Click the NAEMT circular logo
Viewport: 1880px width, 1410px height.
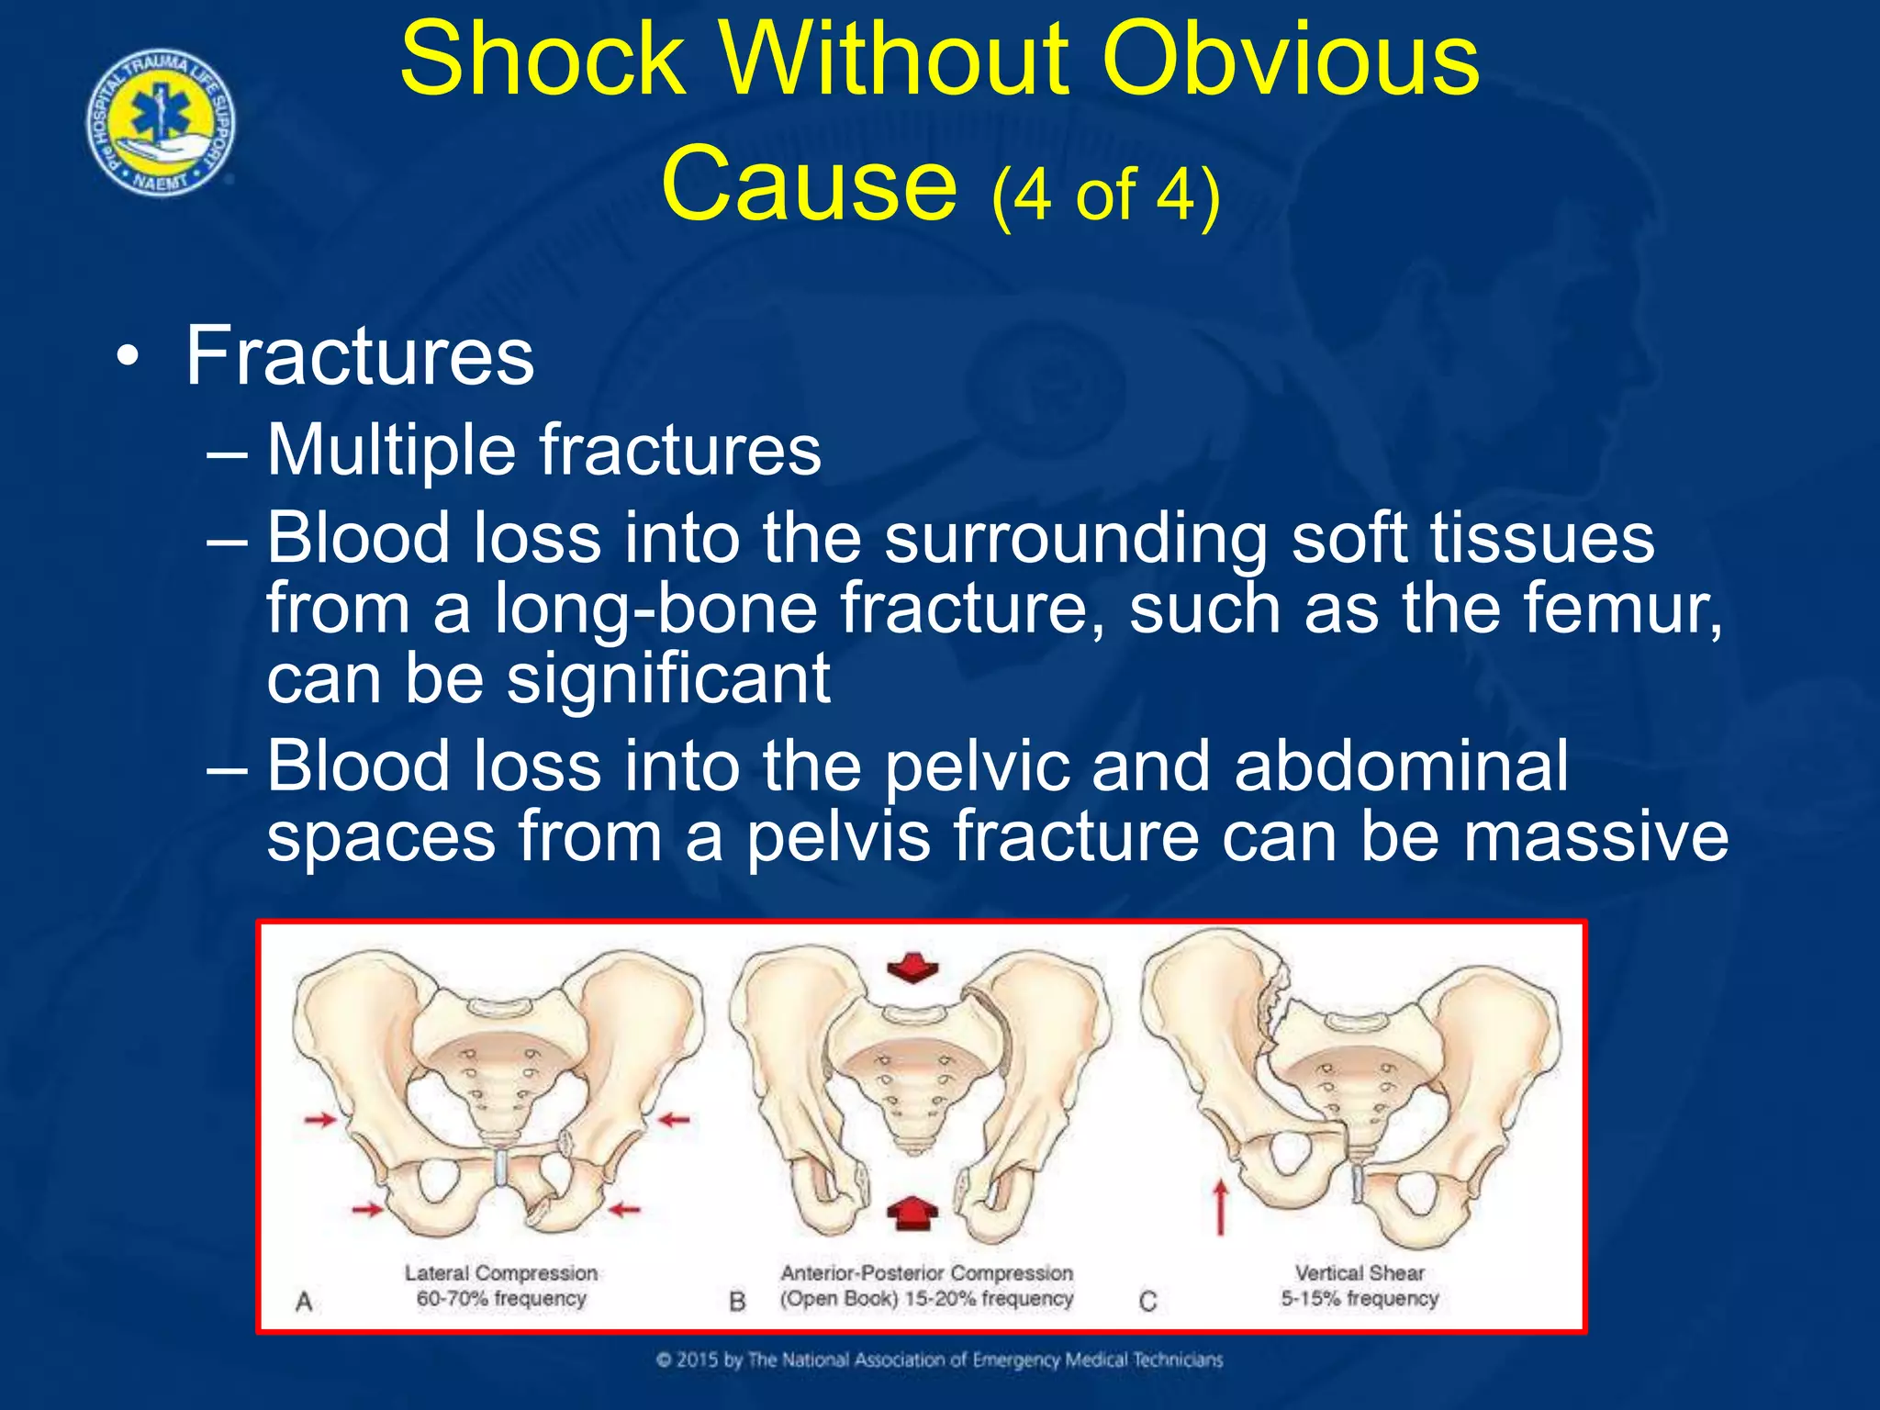tap(161, 123)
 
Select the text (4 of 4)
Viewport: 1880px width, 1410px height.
tap(1106, 195)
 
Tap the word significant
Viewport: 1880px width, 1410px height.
tap(669, 679)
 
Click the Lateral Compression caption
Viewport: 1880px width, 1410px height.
tap(501, 1273)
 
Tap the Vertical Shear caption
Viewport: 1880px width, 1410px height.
tap(1360, 1273)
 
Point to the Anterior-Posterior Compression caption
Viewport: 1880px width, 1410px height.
tap(926, 1273)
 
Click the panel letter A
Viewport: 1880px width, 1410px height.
tap(304, 1301)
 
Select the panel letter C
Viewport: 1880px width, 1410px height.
tap(1147, 1301)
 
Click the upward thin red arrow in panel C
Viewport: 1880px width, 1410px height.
tap(1220, 1206)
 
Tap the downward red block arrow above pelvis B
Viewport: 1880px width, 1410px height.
tap(912, 968)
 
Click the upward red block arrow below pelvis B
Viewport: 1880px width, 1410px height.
tap(912, 1212)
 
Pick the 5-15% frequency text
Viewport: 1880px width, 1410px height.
tap(1360, 1299)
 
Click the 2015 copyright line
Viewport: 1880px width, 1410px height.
tap(939, 1360)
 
